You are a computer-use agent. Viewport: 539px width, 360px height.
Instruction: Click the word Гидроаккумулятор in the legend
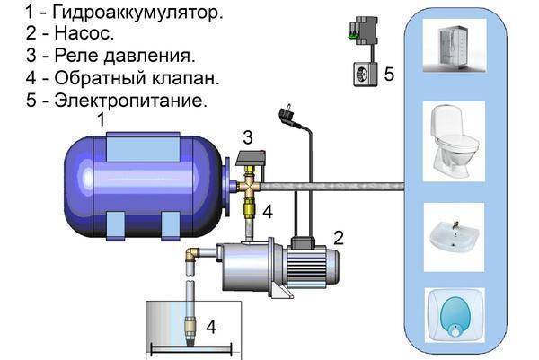coord(137,13)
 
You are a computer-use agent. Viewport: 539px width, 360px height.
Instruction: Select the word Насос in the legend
coord(84,33)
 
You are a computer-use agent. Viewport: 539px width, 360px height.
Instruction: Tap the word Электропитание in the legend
coord(131,101)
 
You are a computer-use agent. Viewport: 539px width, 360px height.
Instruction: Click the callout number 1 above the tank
coord(101,120)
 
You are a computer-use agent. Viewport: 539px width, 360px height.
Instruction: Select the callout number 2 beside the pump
coord(339,238)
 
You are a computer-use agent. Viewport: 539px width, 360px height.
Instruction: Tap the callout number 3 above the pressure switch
coord(248,137)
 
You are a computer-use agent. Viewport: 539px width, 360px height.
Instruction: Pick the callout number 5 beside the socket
coord(389,75)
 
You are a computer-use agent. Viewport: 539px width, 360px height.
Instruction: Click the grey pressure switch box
coord(252,160)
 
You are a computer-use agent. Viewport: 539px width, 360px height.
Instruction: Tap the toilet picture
coord(454,141)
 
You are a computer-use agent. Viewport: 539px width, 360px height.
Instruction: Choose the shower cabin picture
coord(454,45)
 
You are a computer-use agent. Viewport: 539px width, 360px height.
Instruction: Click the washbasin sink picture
coord(454,237)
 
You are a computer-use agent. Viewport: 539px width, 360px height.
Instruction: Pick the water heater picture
coord(455,315)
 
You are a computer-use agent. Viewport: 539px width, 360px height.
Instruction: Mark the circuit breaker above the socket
coord(364,31)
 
